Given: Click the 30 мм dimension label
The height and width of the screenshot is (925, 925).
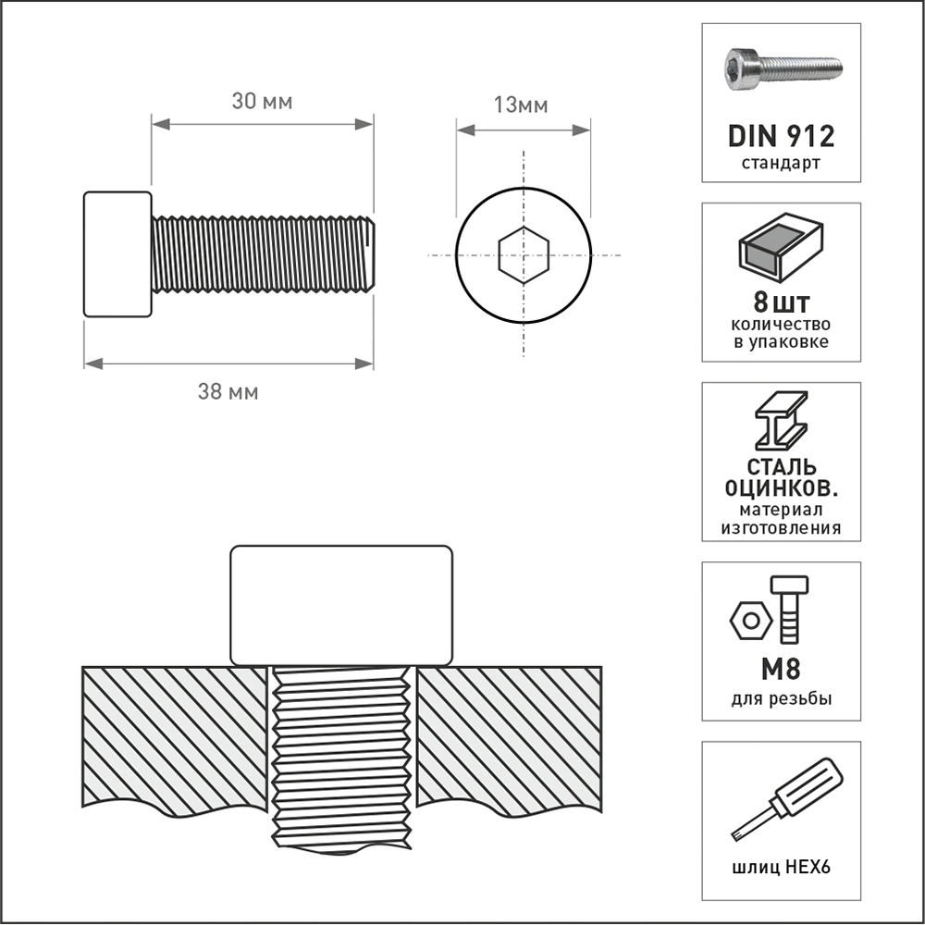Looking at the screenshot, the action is click(262, 102).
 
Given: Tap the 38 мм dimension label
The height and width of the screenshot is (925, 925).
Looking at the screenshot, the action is click(228, 391).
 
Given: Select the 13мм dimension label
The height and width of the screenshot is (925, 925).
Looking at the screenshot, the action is click(521, 105).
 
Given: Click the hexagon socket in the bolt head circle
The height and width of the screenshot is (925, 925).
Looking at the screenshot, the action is click(524, 255).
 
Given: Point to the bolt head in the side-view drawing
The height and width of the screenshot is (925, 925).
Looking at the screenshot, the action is click(117, 254).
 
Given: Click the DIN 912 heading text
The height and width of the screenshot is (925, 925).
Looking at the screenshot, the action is click(781, 136).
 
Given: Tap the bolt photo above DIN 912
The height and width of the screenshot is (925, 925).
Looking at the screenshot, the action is click(783, 69).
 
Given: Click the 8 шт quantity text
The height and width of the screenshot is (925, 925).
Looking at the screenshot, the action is click(781, 303).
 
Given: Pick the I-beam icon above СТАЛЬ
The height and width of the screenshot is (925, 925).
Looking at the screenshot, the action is click(781, 421).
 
